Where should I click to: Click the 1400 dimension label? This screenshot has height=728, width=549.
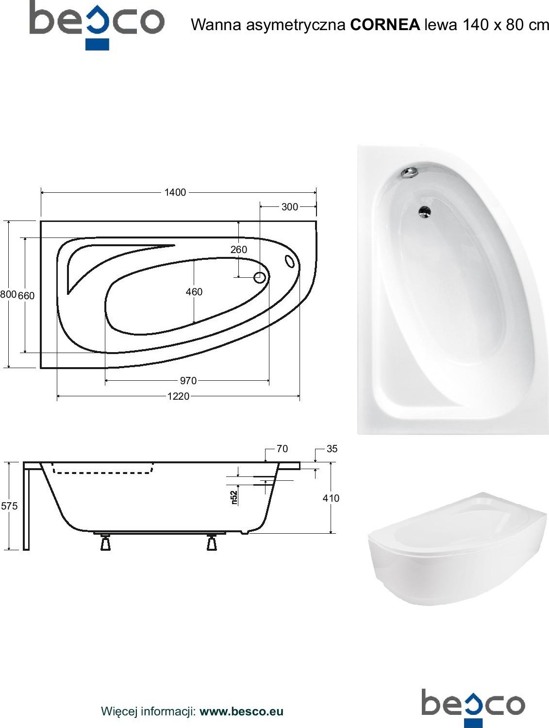175,192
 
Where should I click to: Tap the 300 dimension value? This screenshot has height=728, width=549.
289,207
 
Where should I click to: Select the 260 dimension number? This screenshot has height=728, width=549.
239,250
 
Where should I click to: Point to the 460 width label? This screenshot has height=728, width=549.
194,292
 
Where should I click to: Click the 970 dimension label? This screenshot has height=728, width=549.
188,380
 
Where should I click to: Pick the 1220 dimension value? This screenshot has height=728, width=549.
178,396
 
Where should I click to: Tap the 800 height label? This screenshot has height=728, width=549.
8,294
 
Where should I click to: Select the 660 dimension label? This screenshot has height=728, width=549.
26,295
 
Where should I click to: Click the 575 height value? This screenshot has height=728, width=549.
9,506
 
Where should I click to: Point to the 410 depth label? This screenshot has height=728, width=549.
331,498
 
